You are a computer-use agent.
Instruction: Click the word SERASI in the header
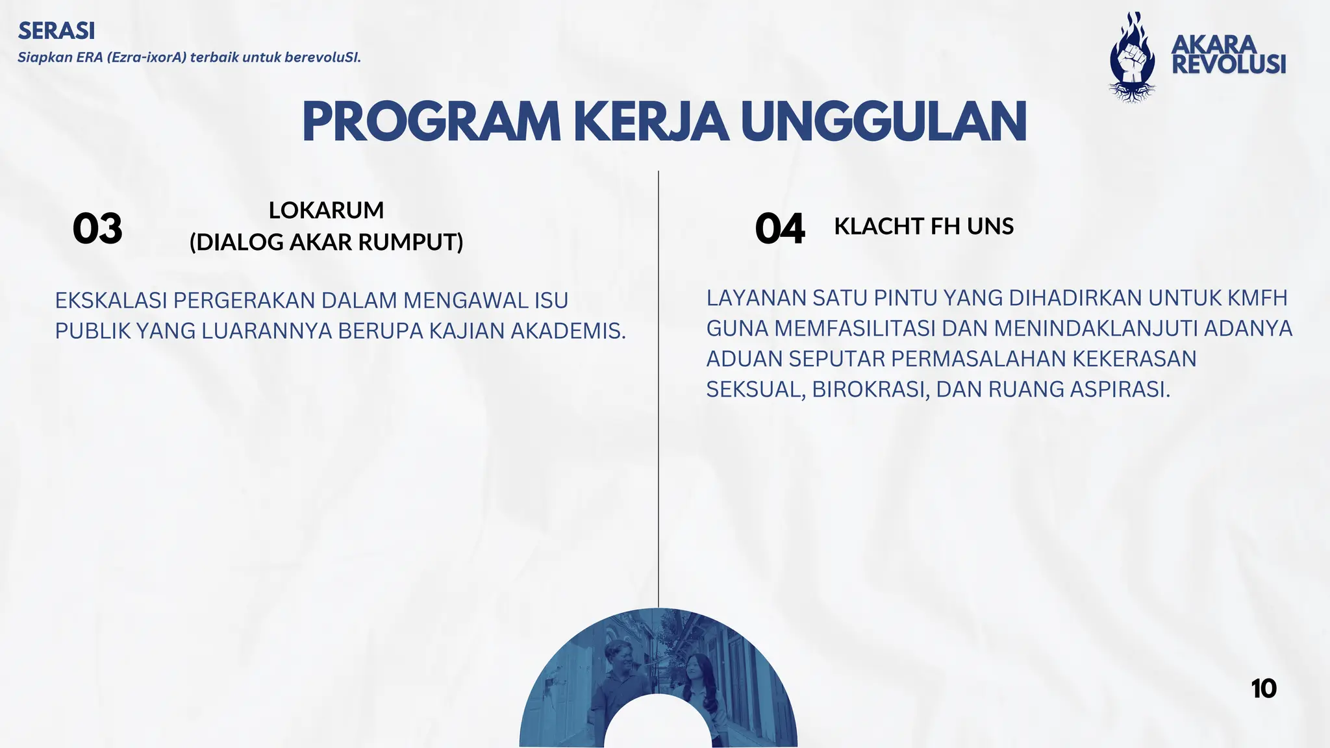[x=56, y=31]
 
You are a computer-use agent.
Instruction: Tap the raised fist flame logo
[x=1132, y=58]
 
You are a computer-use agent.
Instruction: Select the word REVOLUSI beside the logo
[x=1229, y=65]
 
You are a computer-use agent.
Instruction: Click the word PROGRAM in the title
[x=431, y=122]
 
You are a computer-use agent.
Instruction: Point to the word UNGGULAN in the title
[x=883, y=122]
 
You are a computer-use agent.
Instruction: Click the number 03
[x=97, y=229]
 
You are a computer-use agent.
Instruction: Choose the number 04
[x=779, y=229]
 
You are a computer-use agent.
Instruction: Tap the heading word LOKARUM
[x=326, y=210]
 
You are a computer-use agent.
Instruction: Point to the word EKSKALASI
[x=111, y=301]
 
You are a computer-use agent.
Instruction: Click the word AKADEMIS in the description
[x=568, y=331]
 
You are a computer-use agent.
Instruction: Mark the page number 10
[x=1263, y=689]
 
